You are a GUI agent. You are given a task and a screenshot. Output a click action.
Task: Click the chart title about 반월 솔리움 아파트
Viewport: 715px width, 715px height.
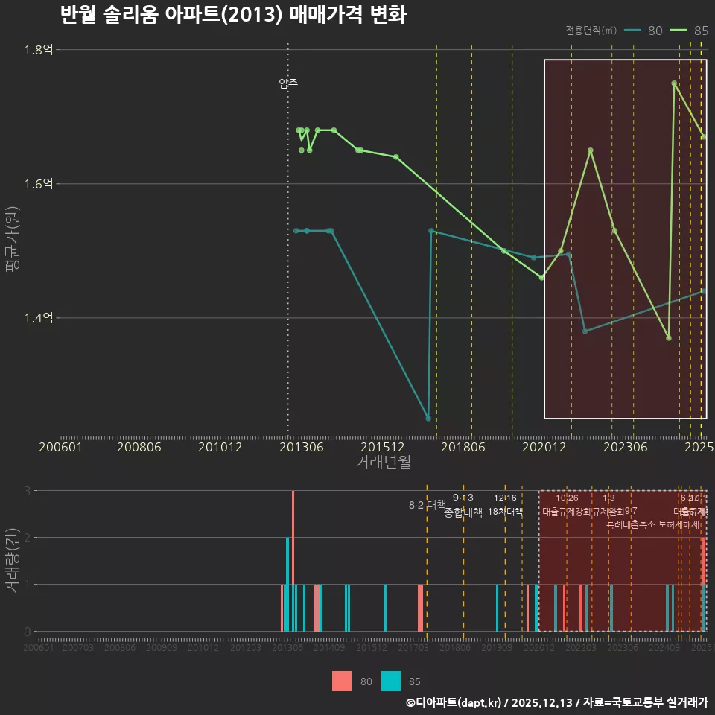232,15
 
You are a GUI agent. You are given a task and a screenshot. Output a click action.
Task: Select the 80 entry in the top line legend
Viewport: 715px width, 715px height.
643,31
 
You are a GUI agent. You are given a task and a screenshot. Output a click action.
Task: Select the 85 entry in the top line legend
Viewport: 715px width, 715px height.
690,31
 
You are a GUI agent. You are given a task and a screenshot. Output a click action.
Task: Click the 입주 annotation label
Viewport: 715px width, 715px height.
288,84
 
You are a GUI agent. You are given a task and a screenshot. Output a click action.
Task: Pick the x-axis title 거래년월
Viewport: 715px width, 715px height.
383,462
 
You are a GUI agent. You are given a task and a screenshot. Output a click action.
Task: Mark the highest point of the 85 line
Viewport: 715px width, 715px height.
674,83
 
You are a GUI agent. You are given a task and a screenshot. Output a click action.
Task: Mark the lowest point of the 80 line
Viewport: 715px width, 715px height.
428,419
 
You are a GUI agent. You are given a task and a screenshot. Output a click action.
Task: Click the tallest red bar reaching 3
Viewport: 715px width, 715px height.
293,560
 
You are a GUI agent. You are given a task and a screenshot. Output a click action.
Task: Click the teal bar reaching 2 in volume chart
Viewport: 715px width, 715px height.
287,584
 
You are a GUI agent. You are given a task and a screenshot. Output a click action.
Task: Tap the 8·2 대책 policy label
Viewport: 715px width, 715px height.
427,505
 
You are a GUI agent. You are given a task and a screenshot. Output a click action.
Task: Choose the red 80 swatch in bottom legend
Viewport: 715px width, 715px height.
342,681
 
